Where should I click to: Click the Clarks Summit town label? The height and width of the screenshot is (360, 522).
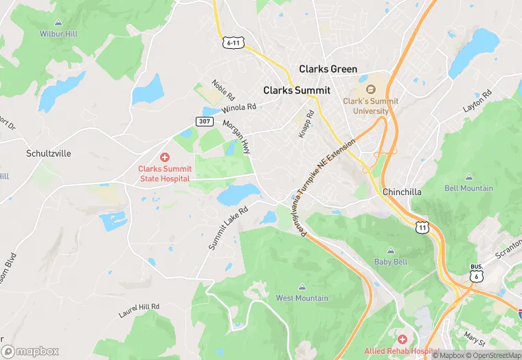pyautogui.click(x=297, y=90)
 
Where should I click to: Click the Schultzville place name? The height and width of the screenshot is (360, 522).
pyautogui.click(x=48, y=153)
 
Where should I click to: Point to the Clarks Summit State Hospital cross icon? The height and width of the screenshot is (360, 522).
pyautogui.click(x=165, y=157)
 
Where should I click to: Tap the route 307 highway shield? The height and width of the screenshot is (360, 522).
pyautogui.click(x=203, y=121)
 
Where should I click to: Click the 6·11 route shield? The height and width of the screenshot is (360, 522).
pyautogui.click(x=234, y=43)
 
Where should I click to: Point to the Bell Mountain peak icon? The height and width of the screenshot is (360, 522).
pyautogui.click(x=469, y=177)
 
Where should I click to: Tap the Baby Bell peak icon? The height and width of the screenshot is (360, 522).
pyautogui.click(x=391, y=251)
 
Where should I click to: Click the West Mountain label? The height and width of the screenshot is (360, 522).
pyautogui.click(x=302, y=298)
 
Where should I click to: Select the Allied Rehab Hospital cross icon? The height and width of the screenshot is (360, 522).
pyautogui.click(x=402, y=339)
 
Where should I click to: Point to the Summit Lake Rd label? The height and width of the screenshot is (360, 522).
pyautogui.click(x=226, y=226)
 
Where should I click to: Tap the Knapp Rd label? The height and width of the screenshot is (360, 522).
pyautogui.click(x=306, y=124)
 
